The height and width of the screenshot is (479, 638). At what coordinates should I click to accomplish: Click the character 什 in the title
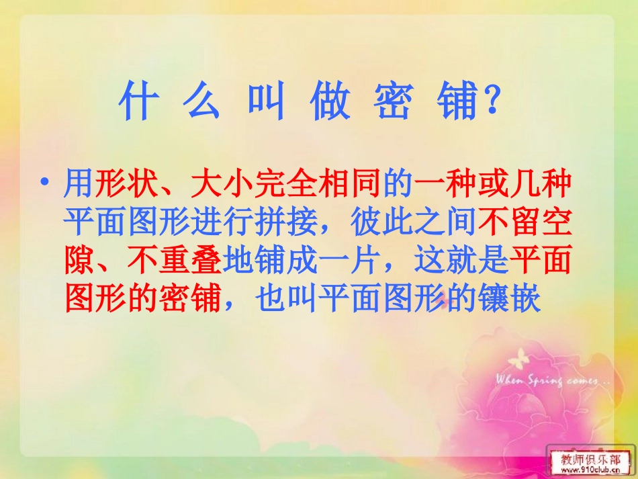[x=135, y=103]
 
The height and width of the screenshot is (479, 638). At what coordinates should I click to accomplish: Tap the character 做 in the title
[x=330, y=103]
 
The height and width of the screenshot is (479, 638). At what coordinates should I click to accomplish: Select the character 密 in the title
[x=393, y=103]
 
